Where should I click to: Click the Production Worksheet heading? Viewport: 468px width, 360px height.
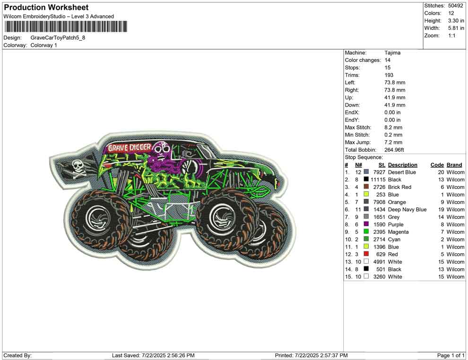46,8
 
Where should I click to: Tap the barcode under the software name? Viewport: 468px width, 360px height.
65,26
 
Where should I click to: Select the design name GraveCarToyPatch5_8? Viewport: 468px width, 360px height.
58,38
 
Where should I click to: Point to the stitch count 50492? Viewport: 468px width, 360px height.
455,6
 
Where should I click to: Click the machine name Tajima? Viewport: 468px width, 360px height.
392,53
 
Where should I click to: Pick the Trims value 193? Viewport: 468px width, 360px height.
389,75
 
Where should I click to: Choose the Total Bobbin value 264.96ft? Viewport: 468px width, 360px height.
394,150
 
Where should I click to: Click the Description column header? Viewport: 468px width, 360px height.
402,165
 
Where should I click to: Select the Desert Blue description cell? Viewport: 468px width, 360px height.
402,172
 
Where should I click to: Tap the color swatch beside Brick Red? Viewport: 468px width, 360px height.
366,187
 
